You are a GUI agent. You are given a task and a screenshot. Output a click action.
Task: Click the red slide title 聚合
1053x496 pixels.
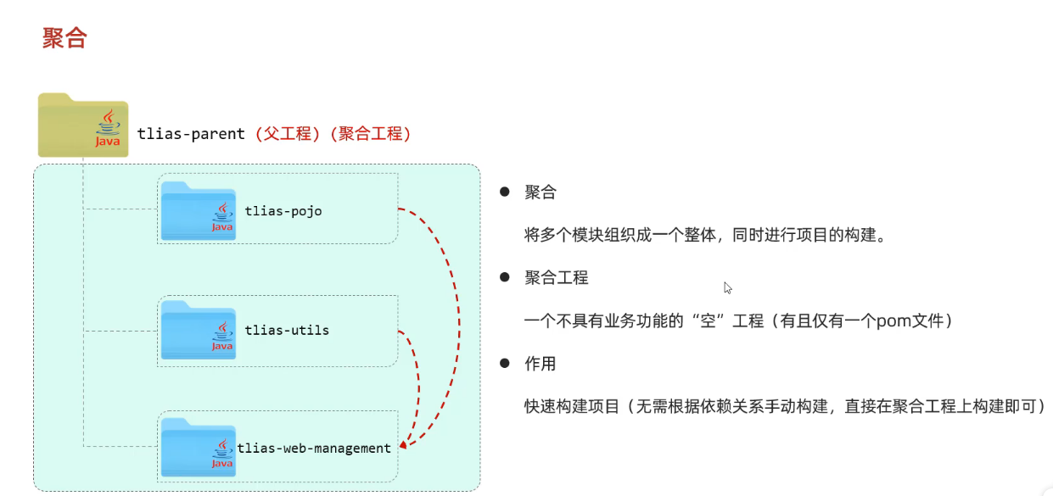(x=64, y=38)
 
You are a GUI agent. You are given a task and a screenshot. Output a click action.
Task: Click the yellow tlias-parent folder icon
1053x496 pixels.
(x=82, y=125)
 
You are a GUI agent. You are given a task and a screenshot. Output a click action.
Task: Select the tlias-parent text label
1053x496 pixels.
(x=191, y=134)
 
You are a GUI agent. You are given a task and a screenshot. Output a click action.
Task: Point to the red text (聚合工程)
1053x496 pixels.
(x=373, y=134)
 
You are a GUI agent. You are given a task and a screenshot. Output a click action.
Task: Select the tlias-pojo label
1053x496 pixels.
(x=283, y=210)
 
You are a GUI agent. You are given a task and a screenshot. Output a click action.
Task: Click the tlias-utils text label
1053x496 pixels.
(x=287, y=329)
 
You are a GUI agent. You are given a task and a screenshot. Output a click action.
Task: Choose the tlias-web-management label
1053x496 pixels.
(x=314, y=448)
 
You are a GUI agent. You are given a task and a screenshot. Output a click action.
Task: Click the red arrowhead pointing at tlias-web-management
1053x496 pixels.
(x=403, y=443)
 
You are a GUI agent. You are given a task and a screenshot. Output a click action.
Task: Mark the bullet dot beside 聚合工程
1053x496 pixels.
(x=505, y=277)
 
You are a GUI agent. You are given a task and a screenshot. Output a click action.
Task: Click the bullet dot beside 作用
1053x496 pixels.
(x=505, y=363)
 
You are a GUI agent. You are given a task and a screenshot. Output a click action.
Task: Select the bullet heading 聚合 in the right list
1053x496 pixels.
(x=541, y=192)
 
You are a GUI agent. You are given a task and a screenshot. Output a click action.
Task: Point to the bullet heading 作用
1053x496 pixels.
(x=541, y=364)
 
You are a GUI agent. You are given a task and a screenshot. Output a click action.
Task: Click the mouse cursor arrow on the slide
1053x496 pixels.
(x=727, y=287)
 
